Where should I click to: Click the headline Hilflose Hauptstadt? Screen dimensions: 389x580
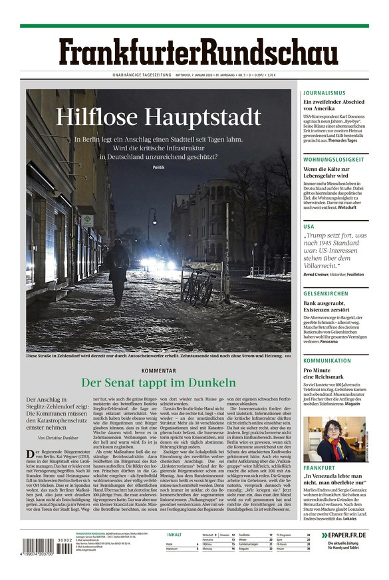click(158, 116)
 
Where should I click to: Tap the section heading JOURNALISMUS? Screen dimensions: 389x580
click(324, 93)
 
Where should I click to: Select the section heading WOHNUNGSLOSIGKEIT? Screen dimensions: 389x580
click(335, 160)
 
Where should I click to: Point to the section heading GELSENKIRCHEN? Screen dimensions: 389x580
click(330, 293)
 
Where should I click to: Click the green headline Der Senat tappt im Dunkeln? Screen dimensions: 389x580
click(158, 382)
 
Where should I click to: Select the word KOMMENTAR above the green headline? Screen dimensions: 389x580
click(158, 370)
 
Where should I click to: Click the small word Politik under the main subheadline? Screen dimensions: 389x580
click(158, 168)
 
